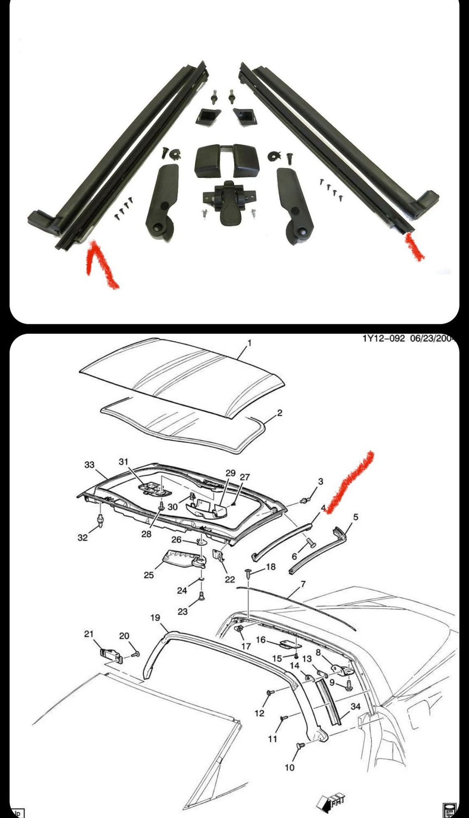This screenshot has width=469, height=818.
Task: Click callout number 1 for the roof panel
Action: click(249, 343)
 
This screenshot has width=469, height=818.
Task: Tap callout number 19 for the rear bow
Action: click(155, 618)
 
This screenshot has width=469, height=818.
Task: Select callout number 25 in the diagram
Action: click(149, 575)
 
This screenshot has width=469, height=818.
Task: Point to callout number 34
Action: click(355, 706)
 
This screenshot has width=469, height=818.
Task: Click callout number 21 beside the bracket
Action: click(89, 634)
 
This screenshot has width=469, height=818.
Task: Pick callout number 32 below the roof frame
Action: click(83, 538)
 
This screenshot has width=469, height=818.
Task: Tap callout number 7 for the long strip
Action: click(303, 584)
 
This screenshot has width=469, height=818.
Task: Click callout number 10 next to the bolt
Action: click(290, 767)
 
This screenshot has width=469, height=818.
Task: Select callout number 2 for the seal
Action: click(280, 413)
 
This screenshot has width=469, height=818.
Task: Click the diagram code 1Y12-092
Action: click(383, 339)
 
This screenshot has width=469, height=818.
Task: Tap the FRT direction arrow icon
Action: click(331, 802)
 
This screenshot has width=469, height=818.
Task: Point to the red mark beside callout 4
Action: click(350, 481)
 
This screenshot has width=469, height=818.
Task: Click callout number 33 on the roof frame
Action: click(89, 465)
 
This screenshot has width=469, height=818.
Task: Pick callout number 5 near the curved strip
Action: click(356, 517)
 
